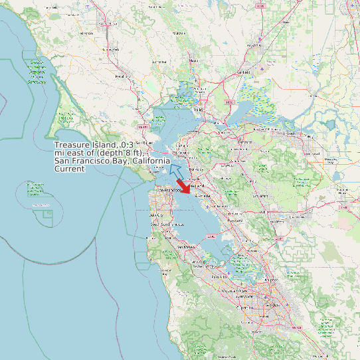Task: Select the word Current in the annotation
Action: pos(70,169)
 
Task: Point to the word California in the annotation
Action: pos(150,161)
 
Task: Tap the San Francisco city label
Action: pos(169,190)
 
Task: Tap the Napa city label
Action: pos(194,60)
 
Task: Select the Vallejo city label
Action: pos(197,108)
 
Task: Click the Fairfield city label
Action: pos(243,72)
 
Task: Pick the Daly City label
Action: pos(157,215)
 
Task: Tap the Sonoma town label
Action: pos(159,61)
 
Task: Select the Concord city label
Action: pos(245,141)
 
